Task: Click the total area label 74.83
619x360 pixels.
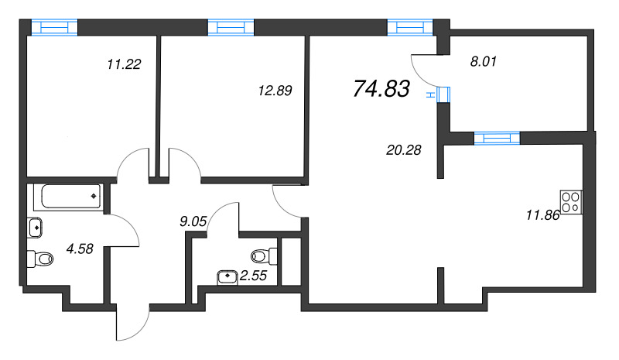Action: click(x=381, y=88)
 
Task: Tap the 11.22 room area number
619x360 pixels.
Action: click(x=124, y=64)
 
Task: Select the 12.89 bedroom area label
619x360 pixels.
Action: click(x=275, y=91)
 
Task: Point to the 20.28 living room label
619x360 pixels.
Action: click(x=404, y=150)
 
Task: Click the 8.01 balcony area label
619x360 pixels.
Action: click(x=483, y=62)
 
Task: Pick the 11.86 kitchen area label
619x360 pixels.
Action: click(x=543, y=215)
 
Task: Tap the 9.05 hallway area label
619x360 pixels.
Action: click(x=193, y=221)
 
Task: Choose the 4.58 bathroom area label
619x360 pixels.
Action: click(x=80, y=249)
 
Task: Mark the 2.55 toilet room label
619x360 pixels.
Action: click(x=254, y=276)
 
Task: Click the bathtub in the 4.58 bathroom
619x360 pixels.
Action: click(x=69, y=197)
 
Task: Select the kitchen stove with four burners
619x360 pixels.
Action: click(x=571, y=202)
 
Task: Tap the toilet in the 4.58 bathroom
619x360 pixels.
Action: click(x=40, y=259)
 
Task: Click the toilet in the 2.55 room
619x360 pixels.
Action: click(x=264, y=256)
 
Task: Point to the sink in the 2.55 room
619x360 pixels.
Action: click(x=227, y=277)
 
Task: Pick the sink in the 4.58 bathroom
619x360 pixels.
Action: click(x=35, y=228)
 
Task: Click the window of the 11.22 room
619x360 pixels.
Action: click(x=54, y=27)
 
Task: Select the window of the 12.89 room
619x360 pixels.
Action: click(x=231, y=27)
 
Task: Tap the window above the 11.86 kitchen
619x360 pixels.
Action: click(x=497, y=139)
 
